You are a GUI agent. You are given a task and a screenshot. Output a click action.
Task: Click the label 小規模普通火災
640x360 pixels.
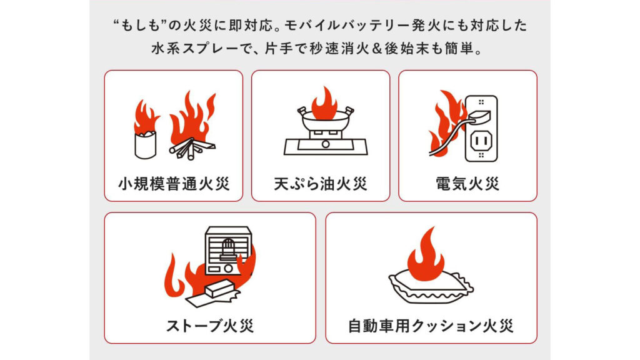173,184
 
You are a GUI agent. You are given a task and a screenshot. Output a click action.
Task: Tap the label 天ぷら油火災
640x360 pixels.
320,184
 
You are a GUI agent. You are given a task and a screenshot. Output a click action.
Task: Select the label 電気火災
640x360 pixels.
467,184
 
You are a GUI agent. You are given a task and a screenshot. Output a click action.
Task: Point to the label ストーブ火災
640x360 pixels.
210,326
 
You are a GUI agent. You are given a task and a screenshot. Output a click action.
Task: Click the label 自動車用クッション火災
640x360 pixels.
431,326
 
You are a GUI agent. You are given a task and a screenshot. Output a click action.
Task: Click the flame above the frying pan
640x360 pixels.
324,102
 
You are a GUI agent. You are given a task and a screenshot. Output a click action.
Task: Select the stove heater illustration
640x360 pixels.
227,249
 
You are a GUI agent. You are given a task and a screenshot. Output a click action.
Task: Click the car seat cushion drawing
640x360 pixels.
431,285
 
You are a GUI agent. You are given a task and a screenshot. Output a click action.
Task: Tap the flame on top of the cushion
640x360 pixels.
425,250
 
